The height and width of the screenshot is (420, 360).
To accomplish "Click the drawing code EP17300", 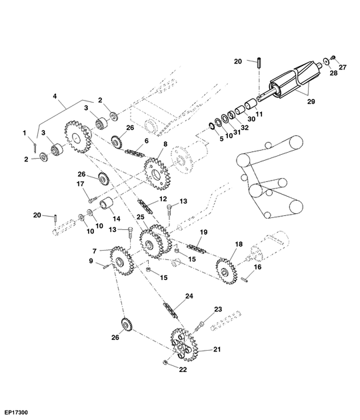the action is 16,413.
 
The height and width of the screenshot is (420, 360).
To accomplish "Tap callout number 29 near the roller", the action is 311,101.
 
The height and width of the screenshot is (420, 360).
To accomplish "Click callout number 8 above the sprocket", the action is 165,144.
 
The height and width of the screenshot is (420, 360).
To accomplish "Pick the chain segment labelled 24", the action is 170,310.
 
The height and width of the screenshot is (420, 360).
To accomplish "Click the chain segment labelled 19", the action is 197,248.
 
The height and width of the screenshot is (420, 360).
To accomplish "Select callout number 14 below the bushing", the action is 116,219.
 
